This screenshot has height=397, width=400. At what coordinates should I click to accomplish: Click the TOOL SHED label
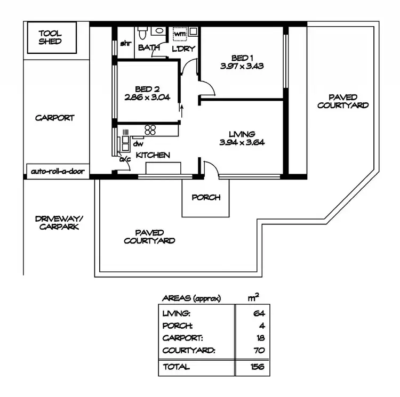(x=50, y=37)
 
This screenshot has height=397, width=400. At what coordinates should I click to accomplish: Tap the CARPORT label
(x=54, y=118)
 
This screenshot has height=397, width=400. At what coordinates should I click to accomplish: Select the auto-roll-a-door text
(x=57, y=172)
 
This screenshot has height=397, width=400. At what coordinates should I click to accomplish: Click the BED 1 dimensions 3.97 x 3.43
(x=242, y=67)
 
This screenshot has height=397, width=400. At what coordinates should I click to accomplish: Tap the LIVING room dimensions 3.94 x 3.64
(x=242, y=142)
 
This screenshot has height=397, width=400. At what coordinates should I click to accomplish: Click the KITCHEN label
(x=153, y=155)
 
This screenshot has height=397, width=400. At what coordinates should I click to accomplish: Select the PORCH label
(x=206, y=197)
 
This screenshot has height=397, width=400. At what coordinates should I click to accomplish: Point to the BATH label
(x=149, y=48)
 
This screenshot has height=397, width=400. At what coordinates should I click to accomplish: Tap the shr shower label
(x=126, y=44)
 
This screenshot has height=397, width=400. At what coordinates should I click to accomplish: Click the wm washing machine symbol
(x=181, y=34)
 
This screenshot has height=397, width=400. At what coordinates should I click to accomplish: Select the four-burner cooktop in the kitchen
(x=150, y=129)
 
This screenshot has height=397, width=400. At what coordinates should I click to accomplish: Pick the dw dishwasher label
(x=138, y=143)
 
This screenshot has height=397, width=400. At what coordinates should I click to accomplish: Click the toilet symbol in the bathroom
(x=142, y=33)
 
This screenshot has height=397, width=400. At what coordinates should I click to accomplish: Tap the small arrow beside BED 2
(x=181, y=110)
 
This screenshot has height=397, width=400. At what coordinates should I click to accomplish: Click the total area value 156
(x=257, y=367)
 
